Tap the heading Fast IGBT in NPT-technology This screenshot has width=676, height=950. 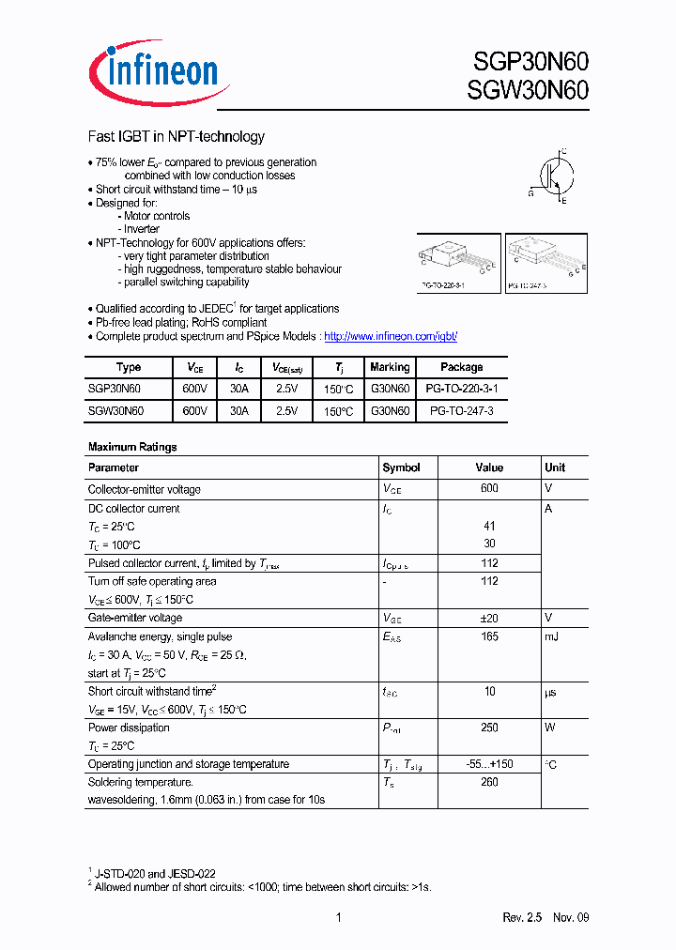coord(177,137)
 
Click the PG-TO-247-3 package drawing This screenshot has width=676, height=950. coord(545,262)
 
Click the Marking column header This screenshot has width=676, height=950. coord(390,367)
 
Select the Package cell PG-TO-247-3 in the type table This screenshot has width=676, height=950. coord(461,411)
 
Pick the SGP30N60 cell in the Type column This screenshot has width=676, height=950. coord(115,389)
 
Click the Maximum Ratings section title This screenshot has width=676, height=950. coord(132,447)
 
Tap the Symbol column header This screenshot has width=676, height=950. coord(401,467)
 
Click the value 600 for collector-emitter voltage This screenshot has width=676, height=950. coord(489,489)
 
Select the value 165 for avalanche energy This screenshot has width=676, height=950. coord(489,636)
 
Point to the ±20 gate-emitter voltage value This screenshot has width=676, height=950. coord(489,618)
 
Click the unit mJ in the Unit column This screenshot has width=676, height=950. coord(551,636)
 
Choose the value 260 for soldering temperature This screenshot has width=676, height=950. coord(489,782)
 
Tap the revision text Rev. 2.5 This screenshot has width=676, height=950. coord(523,917)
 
